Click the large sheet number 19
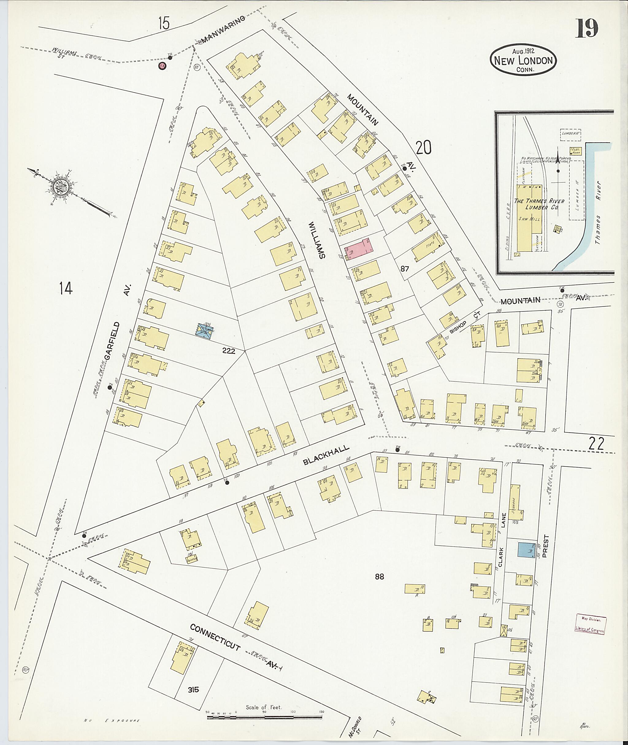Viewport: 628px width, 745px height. click(587, 28)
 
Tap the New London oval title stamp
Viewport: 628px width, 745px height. click(523, 60)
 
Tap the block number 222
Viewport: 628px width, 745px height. click(228, 351)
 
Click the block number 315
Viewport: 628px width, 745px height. click(193, 690)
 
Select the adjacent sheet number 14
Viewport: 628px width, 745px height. click(66, 288)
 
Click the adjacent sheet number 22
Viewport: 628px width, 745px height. click(596, 444)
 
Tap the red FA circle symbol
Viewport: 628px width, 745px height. click(162, 66)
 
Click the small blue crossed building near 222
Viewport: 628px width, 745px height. click(205, 329)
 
